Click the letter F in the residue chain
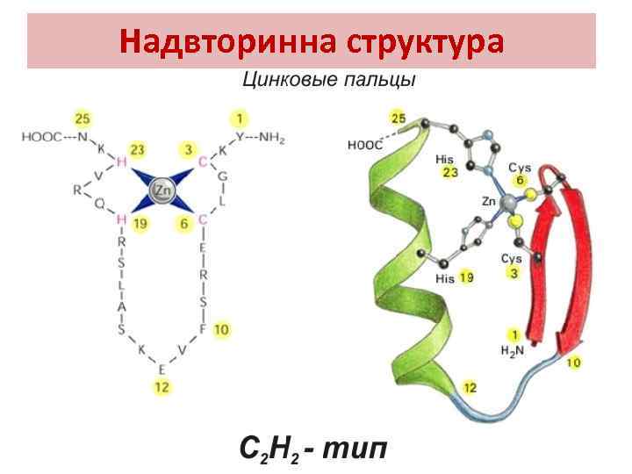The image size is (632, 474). coord(202,329)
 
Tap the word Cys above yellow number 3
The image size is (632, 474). coord(511,259)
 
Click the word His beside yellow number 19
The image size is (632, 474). coord(445,278)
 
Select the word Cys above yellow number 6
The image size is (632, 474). coord(518,167)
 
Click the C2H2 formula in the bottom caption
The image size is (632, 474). coord(272,451)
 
